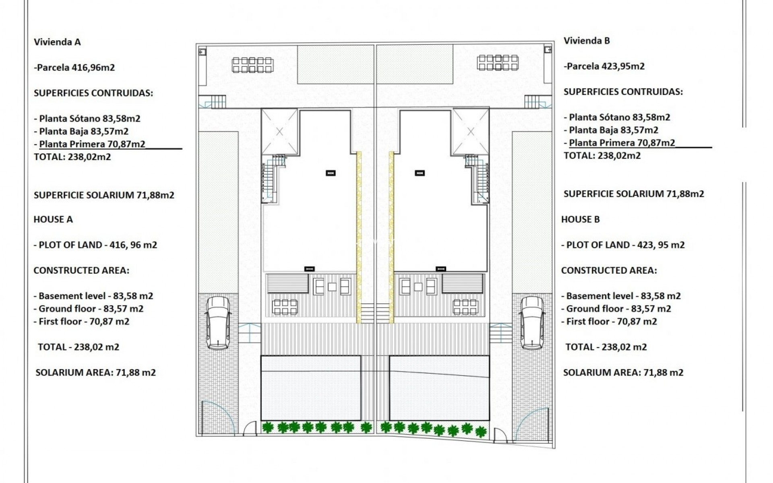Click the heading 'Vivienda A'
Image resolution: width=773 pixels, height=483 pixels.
pos(57,42)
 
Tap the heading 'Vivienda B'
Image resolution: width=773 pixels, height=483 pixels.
pos(587,41)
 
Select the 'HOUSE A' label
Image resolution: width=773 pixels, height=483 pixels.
pos(53,219)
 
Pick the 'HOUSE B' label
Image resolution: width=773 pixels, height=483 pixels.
pos(580,219)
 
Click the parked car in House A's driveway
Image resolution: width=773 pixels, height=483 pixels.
pos(218,323)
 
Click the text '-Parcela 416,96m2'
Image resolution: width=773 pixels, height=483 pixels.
pos(74,67)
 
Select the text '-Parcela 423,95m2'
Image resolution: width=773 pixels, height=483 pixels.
pos(604,66)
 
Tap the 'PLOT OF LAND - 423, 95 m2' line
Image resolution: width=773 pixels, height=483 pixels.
pos(623,245)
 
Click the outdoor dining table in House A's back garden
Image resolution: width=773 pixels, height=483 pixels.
pos(252,65)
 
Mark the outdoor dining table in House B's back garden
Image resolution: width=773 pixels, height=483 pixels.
pos(498,63)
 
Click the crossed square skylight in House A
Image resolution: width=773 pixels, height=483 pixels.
pos(279,132)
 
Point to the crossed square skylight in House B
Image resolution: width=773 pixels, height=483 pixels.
pos(471,132)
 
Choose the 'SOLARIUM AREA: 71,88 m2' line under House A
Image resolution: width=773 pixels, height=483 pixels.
pos(95,372)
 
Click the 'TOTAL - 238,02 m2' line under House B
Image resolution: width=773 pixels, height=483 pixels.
pos(606,347)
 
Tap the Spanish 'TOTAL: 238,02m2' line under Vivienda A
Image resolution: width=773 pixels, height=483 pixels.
pos(72,157)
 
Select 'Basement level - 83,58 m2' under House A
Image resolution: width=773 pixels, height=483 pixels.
pos(93,296)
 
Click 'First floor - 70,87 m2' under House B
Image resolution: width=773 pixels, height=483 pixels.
pos(609,321)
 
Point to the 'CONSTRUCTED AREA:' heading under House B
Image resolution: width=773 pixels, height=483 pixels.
pos(609,270)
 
